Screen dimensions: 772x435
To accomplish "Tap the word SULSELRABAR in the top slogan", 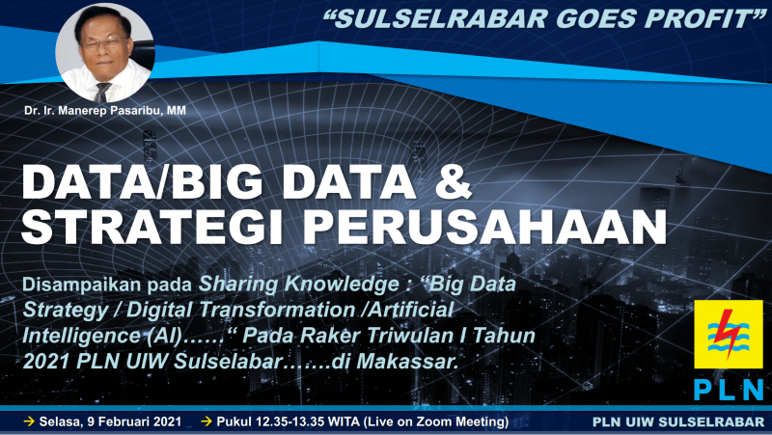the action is click(x=442, y=19).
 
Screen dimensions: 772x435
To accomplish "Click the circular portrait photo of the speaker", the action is click(x=105, y=53).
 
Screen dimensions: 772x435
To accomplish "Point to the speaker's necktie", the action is click(x=102, y=92).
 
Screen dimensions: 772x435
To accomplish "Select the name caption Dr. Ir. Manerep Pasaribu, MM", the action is click(x=105, y=111).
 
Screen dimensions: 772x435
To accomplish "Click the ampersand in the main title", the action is click(x=453, y=181).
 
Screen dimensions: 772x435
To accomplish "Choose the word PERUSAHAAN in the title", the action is click(x=484, y=228).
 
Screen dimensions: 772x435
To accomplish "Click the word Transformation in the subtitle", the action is click(x=240, y=310).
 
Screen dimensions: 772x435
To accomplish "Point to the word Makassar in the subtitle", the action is click(x=407, y=362).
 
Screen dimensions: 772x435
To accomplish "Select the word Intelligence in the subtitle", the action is click(x=81, y=336).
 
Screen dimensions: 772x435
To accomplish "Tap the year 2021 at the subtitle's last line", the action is click(x=46, y=362).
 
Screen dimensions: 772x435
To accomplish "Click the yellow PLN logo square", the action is click(x=729, y=334).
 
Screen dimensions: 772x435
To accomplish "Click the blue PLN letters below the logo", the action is click(x=729, y=390).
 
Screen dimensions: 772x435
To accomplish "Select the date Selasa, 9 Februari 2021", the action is click(x=110, y=421).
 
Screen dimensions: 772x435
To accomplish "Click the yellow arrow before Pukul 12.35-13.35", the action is click(x=207, y=421).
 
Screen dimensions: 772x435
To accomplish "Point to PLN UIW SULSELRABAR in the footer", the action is click(x=678, y=421).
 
